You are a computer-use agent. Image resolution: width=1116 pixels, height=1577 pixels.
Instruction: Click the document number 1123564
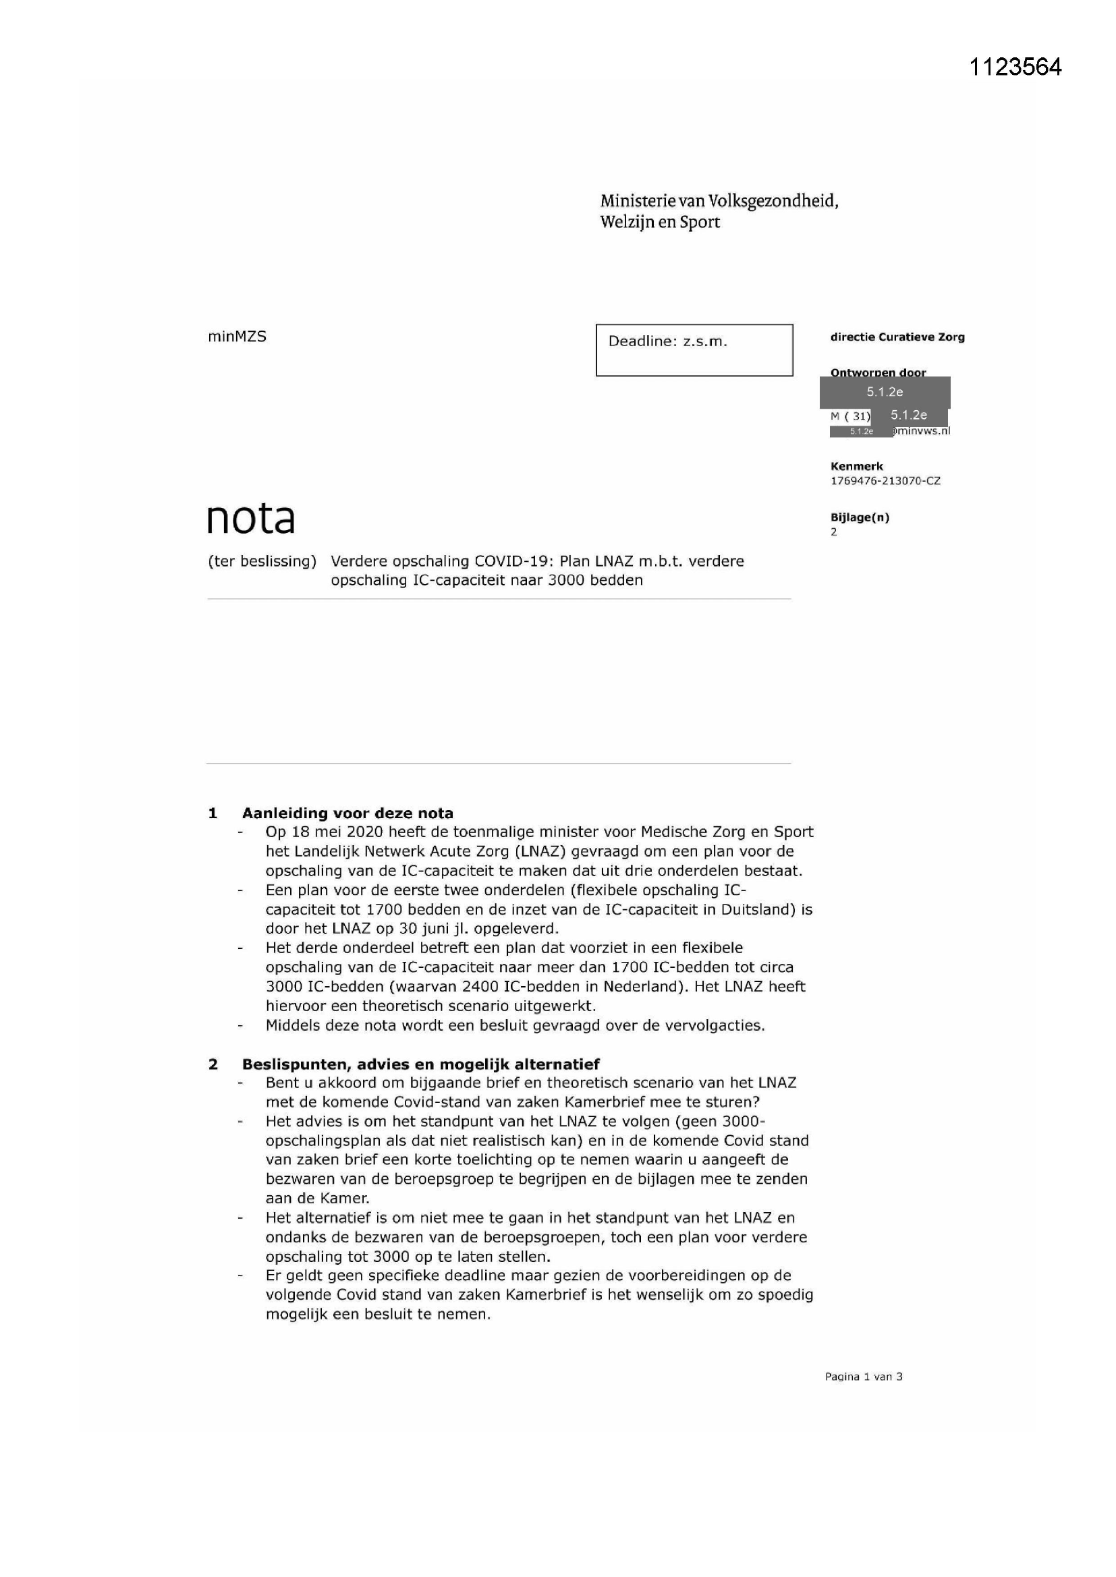point(1015,67)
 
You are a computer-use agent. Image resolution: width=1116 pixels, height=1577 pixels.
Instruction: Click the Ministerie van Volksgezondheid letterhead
point(719,211)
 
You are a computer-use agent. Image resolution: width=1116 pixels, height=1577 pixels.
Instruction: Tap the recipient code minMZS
point(236,337)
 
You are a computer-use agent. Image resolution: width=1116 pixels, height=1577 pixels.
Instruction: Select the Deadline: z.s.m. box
point(694,349)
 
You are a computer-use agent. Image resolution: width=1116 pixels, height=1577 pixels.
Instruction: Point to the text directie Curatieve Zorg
point(897,337)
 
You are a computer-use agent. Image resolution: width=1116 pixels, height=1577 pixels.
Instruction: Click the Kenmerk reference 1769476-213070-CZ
point(885,481)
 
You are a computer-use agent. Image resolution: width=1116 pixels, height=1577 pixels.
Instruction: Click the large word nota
point(251,519)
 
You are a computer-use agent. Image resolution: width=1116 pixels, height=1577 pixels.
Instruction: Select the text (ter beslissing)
point(262,561)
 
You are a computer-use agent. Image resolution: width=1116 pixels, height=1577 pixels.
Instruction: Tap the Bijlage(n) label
point(859,517)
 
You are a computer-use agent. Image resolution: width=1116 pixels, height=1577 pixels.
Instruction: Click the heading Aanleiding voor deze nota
point(347,813)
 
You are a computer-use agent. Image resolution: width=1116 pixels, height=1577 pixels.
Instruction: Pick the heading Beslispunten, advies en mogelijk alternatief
point(420,1064)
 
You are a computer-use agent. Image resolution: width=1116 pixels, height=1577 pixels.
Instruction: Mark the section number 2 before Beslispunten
point(213,1064)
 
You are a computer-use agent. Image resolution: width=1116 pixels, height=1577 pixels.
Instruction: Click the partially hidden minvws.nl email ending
point(922,430)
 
